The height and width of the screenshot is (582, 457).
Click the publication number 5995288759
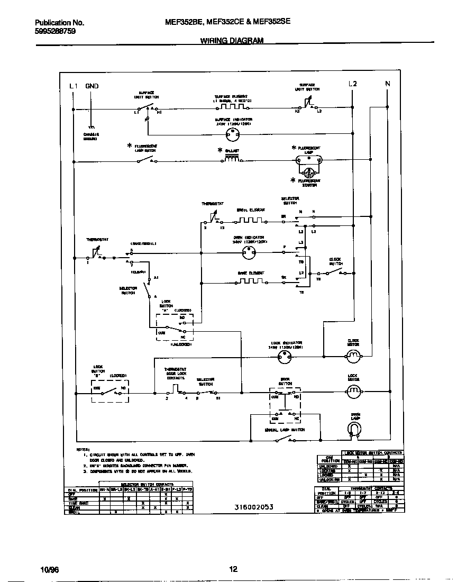point(55,31)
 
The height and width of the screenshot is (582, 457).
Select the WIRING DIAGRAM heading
point(232,41)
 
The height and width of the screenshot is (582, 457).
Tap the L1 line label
point(74,86)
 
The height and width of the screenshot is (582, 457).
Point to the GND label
point(92,86)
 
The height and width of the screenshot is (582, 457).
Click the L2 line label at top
point(352,84)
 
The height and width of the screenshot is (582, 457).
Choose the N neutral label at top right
point(387,84)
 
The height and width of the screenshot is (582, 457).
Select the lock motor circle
point(353,391)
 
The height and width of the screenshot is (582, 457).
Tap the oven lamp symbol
point(355,430)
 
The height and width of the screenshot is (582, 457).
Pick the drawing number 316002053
point(254,507)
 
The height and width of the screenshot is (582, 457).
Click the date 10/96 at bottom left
point(48,569)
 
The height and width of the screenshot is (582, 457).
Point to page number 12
point(233,569)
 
